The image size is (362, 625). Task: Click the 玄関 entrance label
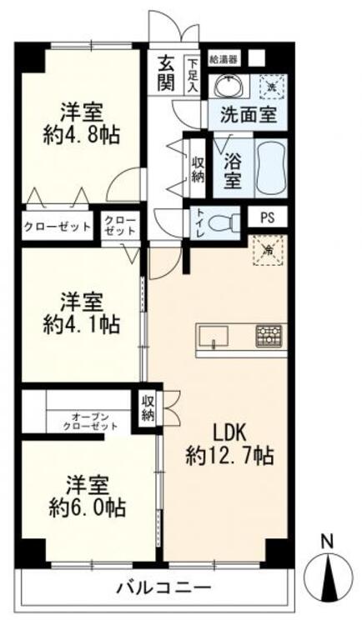[166, 73]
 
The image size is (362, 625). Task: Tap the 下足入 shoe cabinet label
[194, 75]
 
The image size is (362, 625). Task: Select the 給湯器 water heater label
[224, 60]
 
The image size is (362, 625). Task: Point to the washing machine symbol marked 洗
[271, 86]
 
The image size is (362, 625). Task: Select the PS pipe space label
[268, 218]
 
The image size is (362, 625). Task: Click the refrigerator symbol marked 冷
[269, 250]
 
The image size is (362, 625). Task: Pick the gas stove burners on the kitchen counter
[269, 334]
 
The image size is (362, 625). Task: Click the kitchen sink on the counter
[214, 337]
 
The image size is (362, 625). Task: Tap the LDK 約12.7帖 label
[229, 444]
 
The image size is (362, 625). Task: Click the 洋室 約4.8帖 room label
[82, 124]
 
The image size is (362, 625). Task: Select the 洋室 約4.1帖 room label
[82, 314]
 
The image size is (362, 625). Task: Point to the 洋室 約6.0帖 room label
[88, 497]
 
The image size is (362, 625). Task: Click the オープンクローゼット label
[91, 422]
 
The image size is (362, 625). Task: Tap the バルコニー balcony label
[163, 588]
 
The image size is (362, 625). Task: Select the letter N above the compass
[327, 542]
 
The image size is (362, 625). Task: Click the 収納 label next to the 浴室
[197, 168]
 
